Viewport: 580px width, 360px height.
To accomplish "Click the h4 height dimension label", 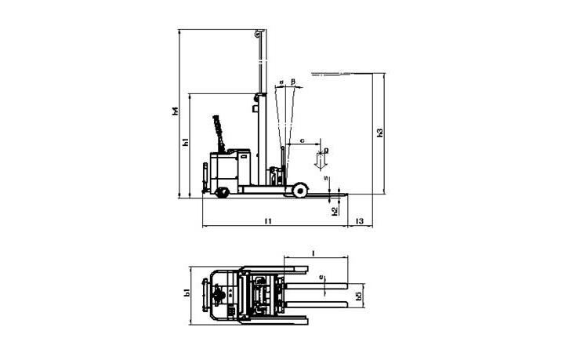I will point(176,112).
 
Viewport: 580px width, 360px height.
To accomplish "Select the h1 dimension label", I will point(185,143).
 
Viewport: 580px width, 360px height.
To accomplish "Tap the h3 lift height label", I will point(379,133).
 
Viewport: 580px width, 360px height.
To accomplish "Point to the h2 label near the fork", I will point(335,210).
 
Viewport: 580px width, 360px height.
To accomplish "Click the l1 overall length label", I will point(267,222).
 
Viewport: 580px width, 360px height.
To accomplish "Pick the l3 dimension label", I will point(360,222).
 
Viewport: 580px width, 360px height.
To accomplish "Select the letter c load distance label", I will point(302,141).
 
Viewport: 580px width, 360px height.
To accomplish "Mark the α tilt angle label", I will point(281,82).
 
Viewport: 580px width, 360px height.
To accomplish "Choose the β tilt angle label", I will point(292,82).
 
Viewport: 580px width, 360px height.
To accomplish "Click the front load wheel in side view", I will point(298,190).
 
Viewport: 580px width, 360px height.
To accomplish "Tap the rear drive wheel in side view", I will point(222,191).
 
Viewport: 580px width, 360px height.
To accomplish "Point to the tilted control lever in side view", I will point(219,130).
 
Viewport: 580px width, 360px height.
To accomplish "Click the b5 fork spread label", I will point(358,296).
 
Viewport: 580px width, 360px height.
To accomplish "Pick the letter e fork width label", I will point(321,277).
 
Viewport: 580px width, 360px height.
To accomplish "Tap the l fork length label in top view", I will point(314,253).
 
